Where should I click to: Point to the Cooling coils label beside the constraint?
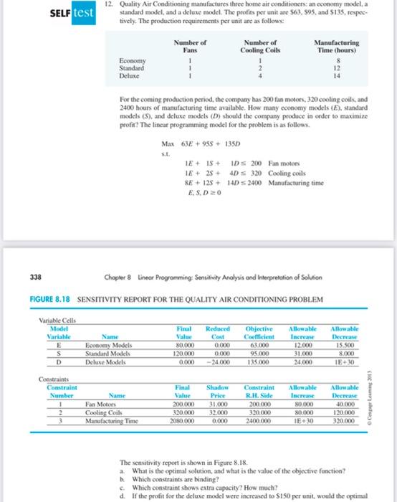(x=289, y=173)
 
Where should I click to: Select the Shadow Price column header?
(x=216, y=388)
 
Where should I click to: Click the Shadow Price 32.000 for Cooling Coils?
(x=216, y=412)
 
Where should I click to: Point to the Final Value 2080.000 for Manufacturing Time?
(x=182, y=421)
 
